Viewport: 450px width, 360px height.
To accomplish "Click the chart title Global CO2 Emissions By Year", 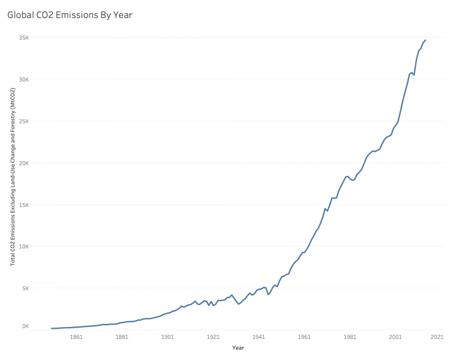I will point(70,15).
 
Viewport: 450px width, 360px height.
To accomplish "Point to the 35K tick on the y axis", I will point(25,38).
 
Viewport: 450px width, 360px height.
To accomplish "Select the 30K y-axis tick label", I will point(25,79).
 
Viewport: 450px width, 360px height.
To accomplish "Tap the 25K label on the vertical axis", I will point(25,121).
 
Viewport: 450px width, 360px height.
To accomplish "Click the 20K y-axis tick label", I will point(25,163).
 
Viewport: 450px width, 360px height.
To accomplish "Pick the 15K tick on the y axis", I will point(25,205).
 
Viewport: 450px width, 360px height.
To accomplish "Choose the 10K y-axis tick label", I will point(25,247).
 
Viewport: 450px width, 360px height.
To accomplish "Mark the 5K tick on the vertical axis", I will point(26,288).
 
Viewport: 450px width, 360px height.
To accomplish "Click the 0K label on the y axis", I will point(26,326).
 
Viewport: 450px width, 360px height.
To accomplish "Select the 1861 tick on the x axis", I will point(76,337).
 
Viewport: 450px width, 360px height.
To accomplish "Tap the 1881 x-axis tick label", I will point(122,337).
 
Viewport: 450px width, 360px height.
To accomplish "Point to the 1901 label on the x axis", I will point(167,337).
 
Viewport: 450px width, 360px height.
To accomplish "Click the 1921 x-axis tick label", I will point(213,337).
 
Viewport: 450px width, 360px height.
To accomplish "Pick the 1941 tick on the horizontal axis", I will point(259,337).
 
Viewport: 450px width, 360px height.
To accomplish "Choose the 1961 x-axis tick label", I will point(304,337).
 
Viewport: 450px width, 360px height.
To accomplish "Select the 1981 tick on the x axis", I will point(350,337).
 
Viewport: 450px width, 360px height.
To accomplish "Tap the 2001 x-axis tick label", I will point(395,337).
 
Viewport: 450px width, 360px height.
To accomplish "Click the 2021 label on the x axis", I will point(436,337).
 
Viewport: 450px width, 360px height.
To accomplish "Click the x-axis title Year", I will point(238,348).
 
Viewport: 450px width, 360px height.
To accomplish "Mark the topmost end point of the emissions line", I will point(425,40).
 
